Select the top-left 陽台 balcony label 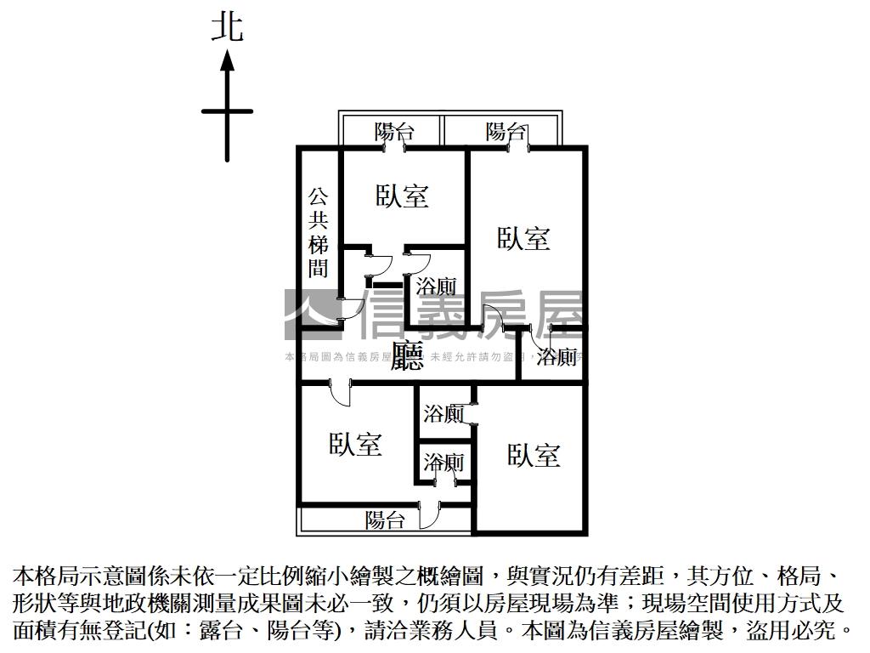394,132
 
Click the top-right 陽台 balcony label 505,132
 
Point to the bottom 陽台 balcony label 385,520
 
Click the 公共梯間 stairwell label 319,232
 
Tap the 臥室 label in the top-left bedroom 403,196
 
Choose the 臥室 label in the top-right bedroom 523,238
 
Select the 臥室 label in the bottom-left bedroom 355,444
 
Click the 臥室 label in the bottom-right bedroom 534,455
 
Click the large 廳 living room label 408,356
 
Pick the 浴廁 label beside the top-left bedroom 436,287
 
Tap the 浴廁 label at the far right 557,356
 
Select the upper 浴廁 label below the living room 443,414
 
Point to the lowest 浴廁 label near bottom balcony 443,463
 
